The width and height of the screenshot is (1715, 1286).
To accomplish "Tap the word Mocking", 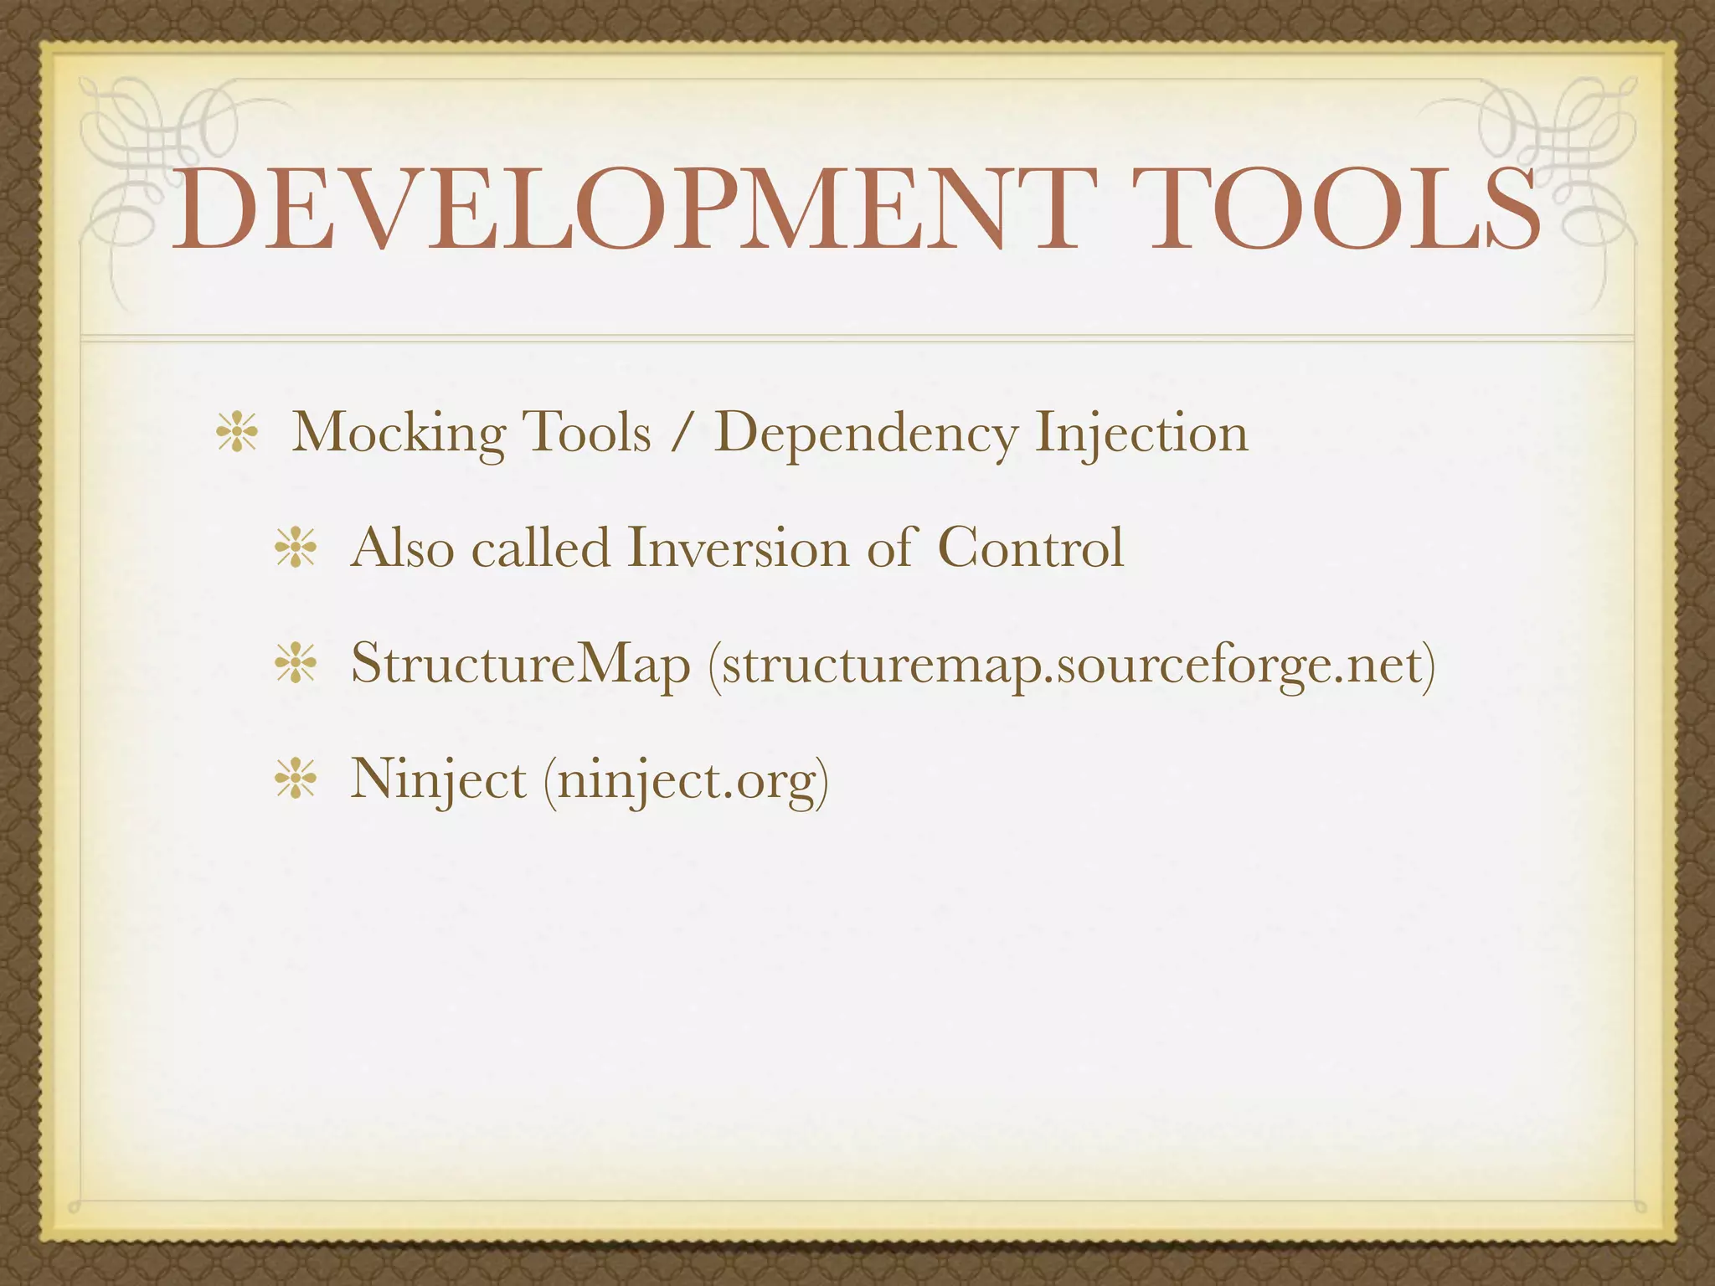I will coord(398,435).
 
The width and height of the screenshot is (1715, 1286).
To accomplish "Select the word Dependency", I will coord(866,435).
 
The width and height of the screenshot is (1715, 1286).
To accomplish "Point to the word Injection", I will coord(1141,435).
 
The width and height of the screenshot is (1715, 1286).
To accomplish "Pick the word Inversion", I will coord(738,548).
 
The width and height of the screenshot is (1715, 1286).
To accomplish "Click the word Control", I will coord(1030,548).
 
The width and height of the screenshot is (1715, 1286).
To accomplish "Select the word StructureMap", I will coord(520,664).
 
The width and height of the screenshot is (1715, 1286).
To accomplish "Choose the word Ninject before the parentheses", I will coord(438,779).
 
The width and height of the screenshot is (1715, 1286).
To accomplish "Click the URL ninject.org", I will coord(686,779).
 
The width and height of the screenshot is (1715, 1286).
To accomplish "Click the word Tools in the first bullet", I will coord(586,435).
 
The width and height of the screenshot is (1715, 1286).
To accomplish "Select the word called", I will coord(540,548).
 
